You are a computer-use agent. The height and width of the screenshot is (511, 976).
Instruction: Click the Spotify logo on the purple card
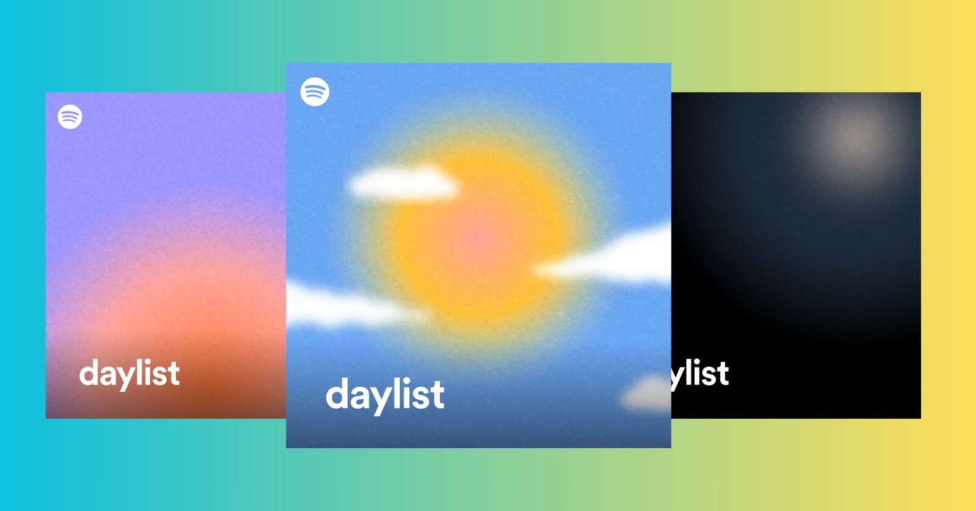[x=70, y=116]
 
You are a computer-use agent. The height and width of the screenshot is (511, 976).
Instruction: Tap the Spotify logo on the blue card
[x=315, y=92]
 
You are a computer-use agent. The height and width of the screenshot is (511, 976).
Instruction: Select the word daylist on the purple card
[x=129, y=373]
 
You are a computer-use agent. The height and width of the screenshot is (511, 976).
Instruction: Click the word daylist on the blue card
[x=385, y=395]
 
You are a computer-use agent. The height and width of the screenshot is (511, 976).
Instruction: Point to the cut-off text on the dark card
[x=700, y=373]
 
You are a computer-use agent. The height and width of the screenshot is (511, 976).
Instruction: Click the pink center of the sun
[x=478, y=237]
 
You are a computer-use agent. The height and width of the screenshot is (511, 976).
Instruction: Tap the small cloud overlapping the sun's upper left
[x=403, y=184]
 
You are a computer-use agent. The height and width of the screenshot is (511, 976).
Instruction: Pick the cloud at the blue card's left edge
[x=342, y=305]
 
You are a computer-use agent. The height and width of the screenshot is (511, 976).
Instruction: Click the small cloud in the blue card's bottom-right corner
[x=645, y=393]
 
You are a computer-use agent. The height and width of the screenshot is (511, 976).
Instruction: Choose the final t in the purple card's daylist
[x=174, y=373]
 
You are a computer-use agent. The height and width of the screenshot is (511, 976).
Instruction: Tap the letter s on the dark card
[x=707, y=375]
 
